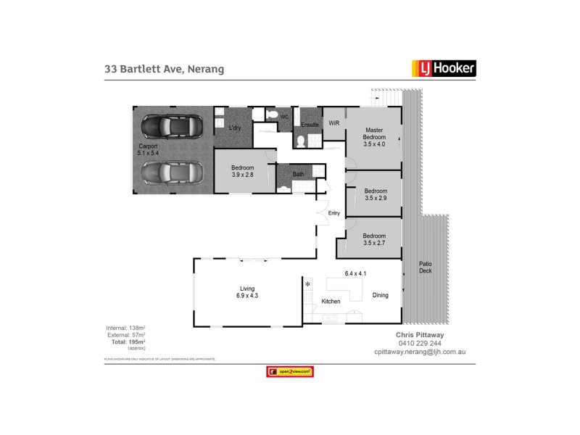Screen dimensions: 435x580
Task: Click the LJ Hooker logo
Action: pos(444,69)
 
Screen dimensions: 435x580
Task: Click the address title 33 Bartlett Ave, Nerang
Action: pos(164,70)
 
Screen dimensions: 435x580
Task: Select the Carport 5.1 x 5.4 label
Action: pos(148,150)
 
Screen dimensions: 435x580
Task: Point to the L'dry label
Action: pos(234,129)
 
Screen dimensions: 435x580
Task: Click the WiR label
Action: pos(334,123)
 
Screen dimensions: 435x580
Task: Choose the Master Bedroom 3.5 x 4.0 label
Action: pos(375,137)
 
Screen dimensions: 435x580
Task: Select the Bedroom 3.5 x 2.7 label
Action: pos(374,240)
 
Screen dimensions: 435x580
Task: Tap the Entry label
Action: pos(333,213)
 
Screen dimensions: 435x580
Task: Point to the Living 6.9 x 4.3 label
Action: pos(246,291)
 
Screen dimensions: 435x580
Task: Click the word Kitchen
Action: pos(331,301)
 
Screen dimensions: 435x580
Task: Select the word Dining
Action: pos(381,295)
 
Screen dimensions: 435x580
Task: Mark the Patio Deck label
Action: pos(425,268)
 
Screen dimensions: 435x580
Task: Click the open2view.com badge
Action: pos(290,372)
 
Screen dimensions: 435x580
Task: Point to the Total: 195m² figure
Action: pos(127,341)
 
